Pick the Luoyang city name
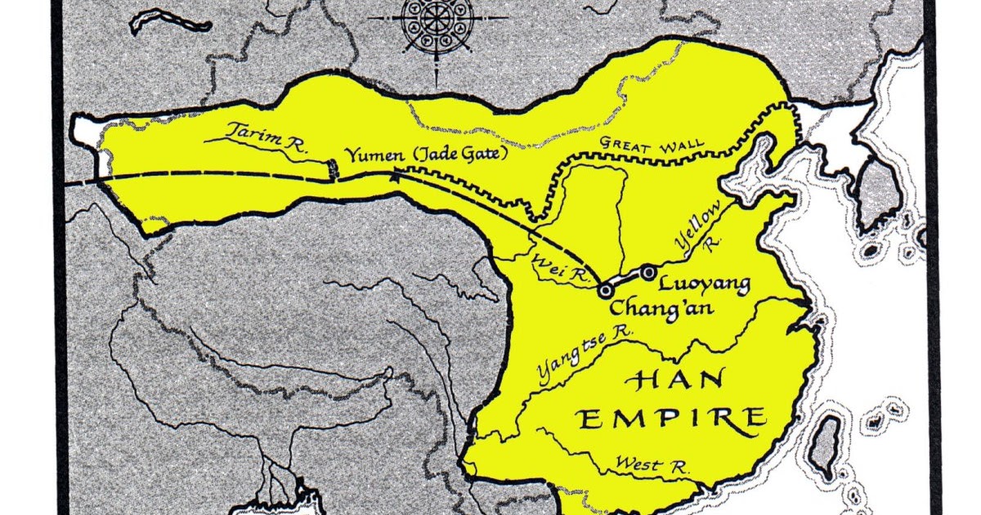point(703,284)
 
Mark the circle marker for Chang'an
point(606,289)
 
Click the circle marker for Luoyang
point(648,271)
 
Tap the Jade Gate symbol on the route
point(332,169)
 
